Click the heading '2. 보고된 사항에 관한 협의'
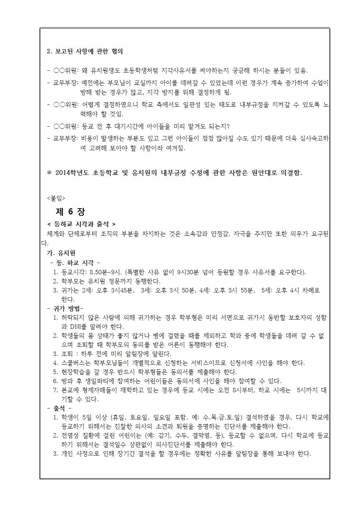(85, 52)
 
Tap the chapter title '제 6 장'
(70, 212)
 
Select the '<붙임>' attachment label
(56, 198)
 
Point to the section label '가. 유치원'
(61, 253)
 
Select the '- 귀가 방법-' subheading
(65, 308)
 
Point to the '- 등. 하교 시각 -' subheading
(75, 263)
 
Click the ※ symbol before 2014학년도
(49, 173)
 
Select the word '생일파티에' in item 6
(103, 381)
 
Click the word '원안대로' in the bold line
(264, 173)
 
